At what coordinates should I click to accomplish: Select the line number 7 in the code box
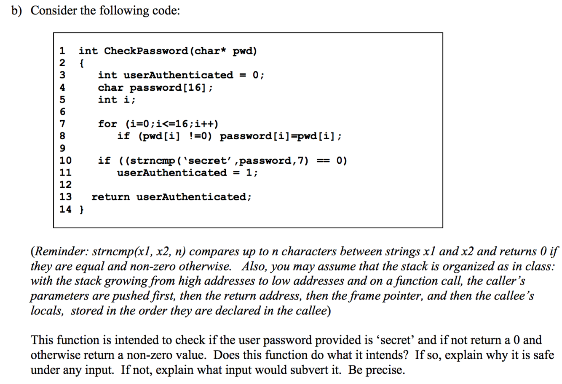pos(63,124)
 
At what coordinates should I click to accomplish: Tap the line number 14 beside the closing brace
pos(66,209)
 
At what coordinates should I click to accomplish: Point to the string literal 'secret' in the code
pos(208,160)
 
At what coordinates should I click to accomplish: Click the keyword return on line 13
pos(111,197)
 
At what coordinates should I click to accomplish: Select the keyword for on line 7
pos(107,124)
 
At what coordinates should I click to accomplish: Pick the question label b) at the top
pos(16,11)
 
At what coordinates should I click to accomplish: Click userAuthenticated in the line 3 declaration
pos(178,75)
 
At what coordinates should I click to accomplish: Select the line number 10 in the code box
pos(66,160)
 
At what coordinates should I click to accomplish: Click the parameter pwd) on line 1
pos(245,51)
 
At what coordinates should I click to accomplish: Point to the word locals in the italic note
pos(46,311)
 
